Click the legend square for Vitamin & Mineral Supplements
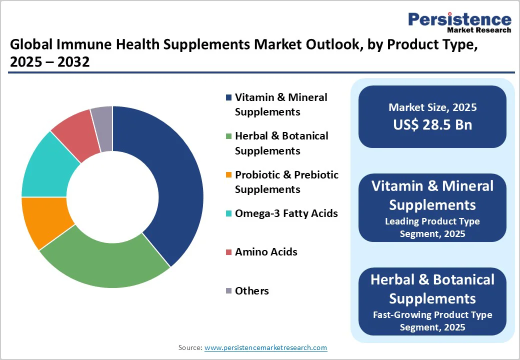(x=229, y=97)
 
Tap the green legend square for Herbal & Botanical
(x=229, y=136)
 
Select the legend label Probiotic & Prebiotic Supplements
(x=286, y=182)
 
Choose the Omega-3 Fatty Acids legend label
(x=286, y=213)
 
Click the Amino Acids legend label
(x=266, y=252)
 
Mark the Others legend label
(x=252, y=291)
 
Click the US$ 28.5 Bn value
(x=432, y=124)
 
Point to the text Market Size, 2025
(x=432, y=107)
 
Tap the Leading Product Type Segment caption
(x=432, y=227)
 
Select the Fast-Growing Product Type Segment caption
(x=432, y=321)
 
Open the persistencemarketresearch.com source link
(x=266, y=347)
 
